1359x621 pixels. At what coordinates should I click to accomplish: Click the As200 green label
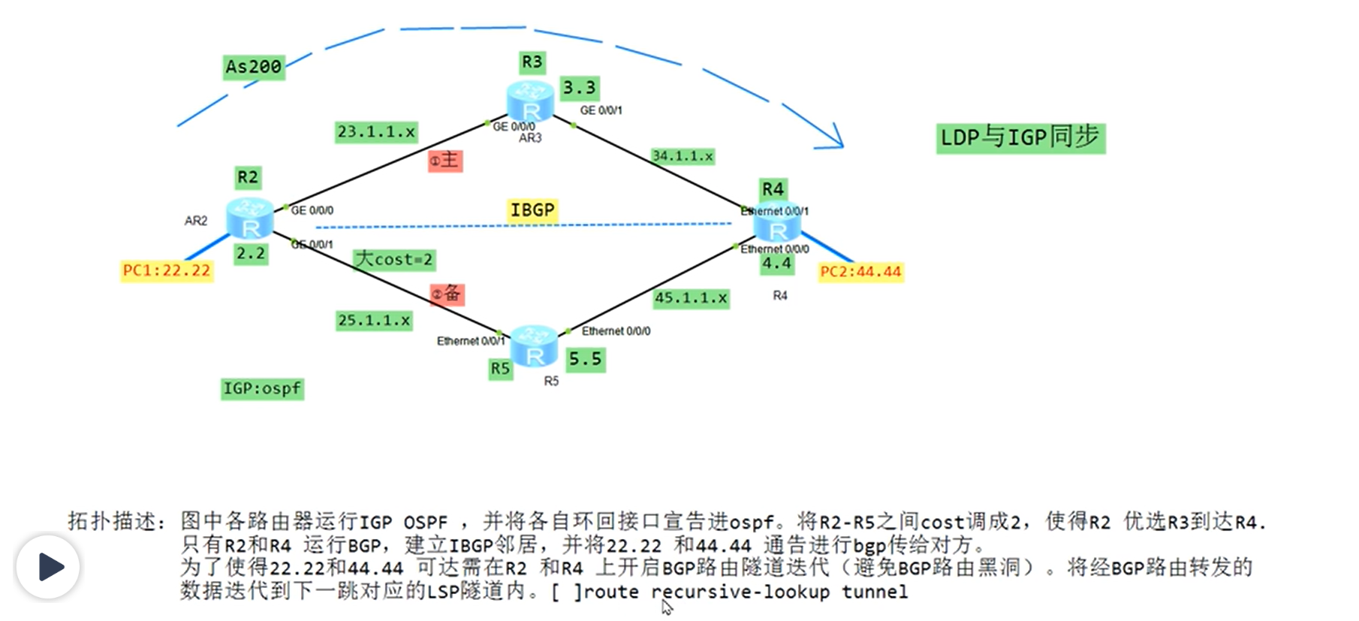point(254,67)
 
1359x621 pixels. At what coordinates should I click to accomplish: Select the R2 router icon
point(250,219)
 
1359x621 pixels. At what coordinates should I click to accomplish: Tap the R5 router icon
point(534,346)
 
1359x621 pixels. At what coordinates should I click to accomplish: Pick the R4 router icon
point(777,222)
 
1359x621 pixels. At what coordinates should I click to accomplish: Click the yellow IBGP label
point(532,210)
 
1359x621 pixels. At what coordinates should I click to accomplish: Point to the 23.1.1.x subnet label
point(375,132)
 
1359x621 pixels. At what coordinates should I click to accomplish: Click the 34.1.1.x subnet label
point(682,156)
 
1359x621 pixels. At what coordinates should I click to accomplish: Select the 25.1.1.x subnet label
point(374,321)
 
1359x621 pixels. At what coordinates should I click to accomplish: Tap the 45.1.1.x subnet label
point(691,298)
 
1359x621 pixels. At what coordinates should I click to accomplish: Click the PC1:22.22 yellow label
point(167,270)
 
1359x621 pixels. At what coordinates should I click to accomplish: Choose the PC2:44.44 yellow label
point(860,271)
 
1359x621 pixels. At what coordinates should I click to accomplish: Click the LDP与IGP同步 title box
point(1020,137)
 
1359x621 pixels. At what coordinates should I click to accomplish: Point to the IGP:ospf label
point(262,389)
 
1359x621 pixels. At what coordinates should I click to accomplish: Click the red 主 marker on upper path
point(444,160)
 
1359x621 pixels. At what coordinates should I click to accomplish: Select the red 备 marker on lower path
point(447,294)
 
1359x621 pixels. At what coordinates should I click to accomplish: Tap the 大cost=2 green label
point(394,260)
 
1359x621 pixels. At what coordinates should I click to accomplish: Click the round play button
point(48,567)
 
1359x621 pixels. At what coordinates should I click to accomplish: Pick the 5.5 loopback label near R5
point(585,360)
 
